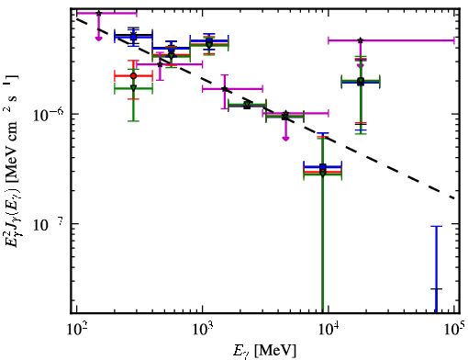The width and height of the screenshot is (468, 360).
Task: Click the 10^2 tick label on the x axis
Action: click(76, 330)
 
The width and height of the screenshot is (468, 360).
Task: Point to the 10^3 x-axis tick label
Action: click(203, 330)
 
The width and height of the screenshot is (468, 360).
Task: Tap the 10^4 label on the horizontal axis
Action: click(329, 330)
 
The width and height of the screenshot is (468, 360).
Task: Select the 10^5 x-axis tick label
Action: click(454, 330)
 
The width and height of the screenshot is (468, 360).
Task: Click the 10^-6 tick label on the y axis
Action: click(48, 114)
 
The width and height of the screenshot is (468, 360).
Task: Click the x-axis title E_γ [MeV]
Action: click(264, 351)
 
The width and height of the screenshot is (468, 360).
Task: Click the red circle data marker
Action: click(133, 76)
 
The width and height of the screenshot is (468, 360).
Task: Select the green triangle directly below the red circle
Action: click(133, 88)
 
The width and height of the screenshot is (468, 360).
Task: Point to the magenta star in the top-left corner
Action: click(98, 13)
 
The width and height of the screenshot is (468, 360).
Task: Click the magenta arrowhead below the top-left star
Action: click(98, 39)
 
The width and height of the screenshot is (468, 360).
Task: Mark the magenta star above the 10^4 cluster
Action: click(361, 40)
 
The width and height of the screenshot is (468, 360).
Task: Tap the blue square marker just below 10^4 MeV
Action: click(322, 167)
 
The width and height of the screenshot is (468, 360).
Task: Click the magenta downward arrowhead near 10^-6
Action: click(285, 139)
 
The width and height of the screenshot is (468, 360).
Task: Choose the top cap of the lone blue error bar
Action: click(436, 226)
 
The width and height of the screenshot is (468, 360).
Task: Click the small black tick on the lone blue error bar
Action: click(436, 288)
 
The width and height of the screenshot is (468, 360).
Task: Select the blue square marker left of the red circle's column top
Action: click(133, 37)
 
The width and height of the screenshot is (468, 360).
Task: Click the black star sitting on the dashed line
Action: click(225, 89)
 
